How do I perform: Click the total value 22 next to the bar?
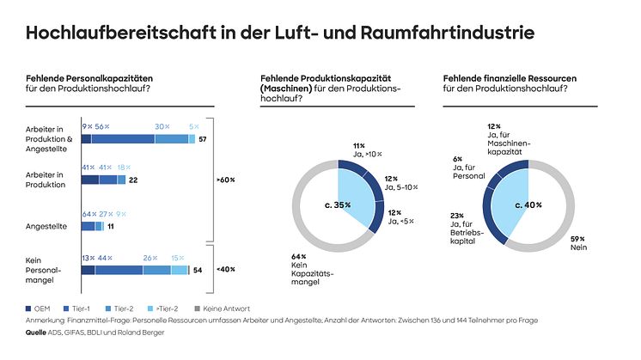click(134, 180)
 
